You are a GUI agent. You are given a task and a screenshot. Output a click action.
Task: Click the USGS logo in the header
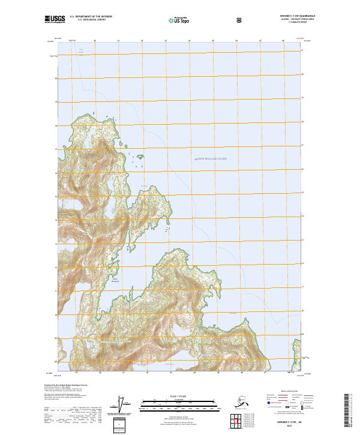[55, 19]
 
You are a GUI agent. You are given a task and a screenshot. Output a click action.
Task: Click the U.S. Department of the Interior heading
[91, 17]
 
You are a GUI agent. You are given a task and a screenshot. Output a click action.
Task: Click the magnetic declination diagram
[124, 405]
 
